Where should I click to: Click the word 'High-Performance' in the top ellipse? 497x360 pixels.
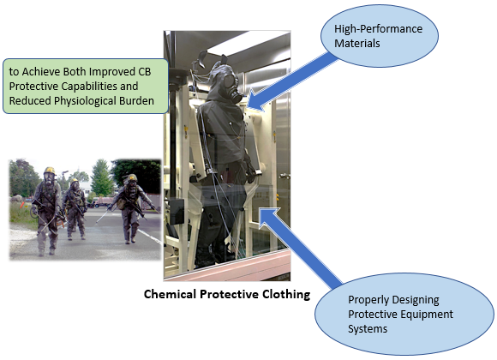(x=378, y=29)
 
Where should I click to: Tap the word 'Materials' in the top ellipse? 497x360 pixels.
(x=357, y=44)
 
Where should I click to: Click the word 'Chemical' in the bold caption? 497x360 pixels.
(x=170, y=294)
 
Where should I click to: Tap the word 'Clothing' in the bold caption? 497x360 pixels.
(x=286, y=295)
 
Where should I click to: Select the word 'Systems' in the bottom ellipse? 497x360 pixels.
(x=368, y=329)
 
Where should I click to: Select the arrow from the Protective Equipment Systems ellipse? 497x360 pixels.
(x=300, y=248)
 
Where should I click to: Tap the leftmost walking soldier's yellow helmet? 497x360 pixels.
(x=50, y=171)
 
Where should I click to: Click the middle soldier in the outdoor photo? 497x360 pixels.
(x=75, y=208)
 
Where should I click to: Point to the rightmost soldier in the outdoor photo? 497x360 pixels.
(x=132, y=207)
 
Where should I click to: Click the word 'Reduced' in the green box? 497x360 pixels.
(x=30, y=101)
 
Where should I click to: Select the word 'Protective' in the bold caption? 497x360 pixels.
(x=229, y=294)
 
